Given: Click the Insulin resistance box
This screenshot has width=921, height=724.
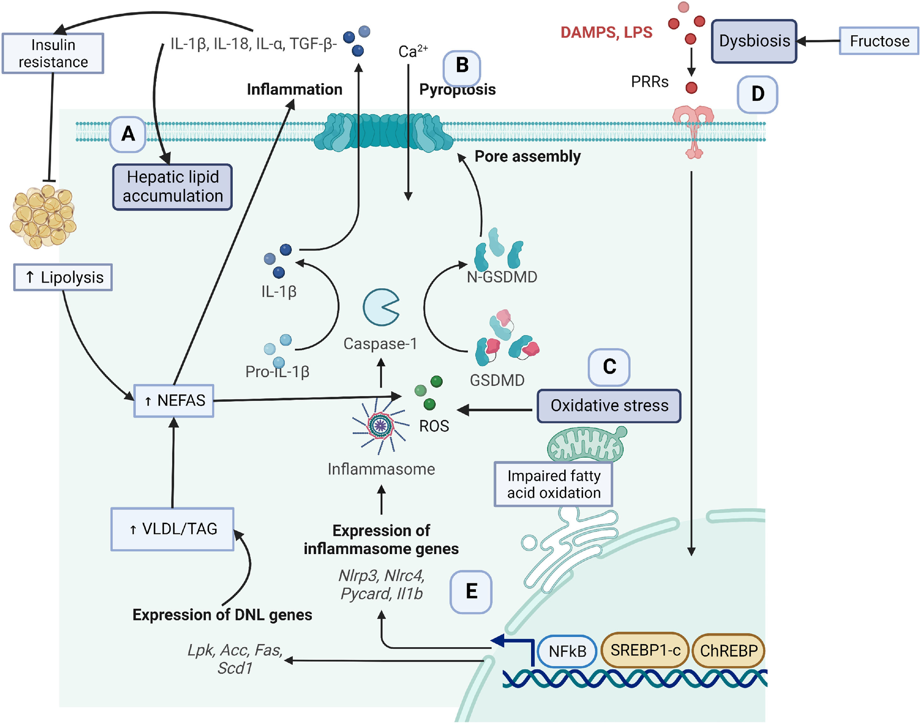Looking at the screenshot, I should [53, 53].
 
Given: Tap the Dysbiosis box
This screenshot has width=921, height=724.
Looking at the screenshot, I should [754, 41].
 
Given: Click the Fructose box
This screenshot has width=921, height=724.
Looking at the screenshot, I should [879, 41].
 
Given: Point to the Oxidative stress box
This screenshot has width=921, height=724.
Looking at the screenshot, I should [608, 406].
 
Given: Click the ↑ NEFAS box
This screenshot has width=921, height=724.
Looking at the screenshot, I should [174, 401].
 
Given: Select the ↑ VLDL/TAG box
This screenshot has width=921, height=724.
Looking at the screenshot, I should [172, 529].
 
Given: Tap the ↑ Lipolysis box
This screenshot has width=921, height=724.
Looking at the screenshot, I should [63, 277].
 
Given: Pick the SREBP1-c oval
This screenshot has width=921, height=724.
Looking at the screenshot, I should [645, 650].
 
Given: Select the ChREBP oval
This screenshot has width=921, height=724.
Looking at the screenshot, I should [728, 651].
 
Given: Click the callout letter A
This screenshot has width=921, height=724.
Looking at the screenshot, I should [128, 134].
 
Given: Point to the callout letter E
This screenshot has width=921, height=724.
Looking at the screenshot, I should [471, 592].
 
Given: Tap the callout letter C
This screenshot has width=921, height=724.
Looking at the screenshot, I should [609, 367].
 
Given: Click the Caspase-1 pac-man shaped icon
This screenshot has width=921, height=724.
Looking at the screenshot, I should [380, 307].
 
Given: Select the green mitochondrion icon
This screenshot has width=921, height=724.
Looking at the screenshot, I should [586, 444].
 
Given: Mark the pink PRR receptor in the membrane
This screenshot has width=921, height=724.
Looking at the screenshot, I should [693, 129].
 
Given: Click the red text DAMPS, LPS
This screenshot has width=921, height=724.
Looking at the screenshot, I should [606, 33].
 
